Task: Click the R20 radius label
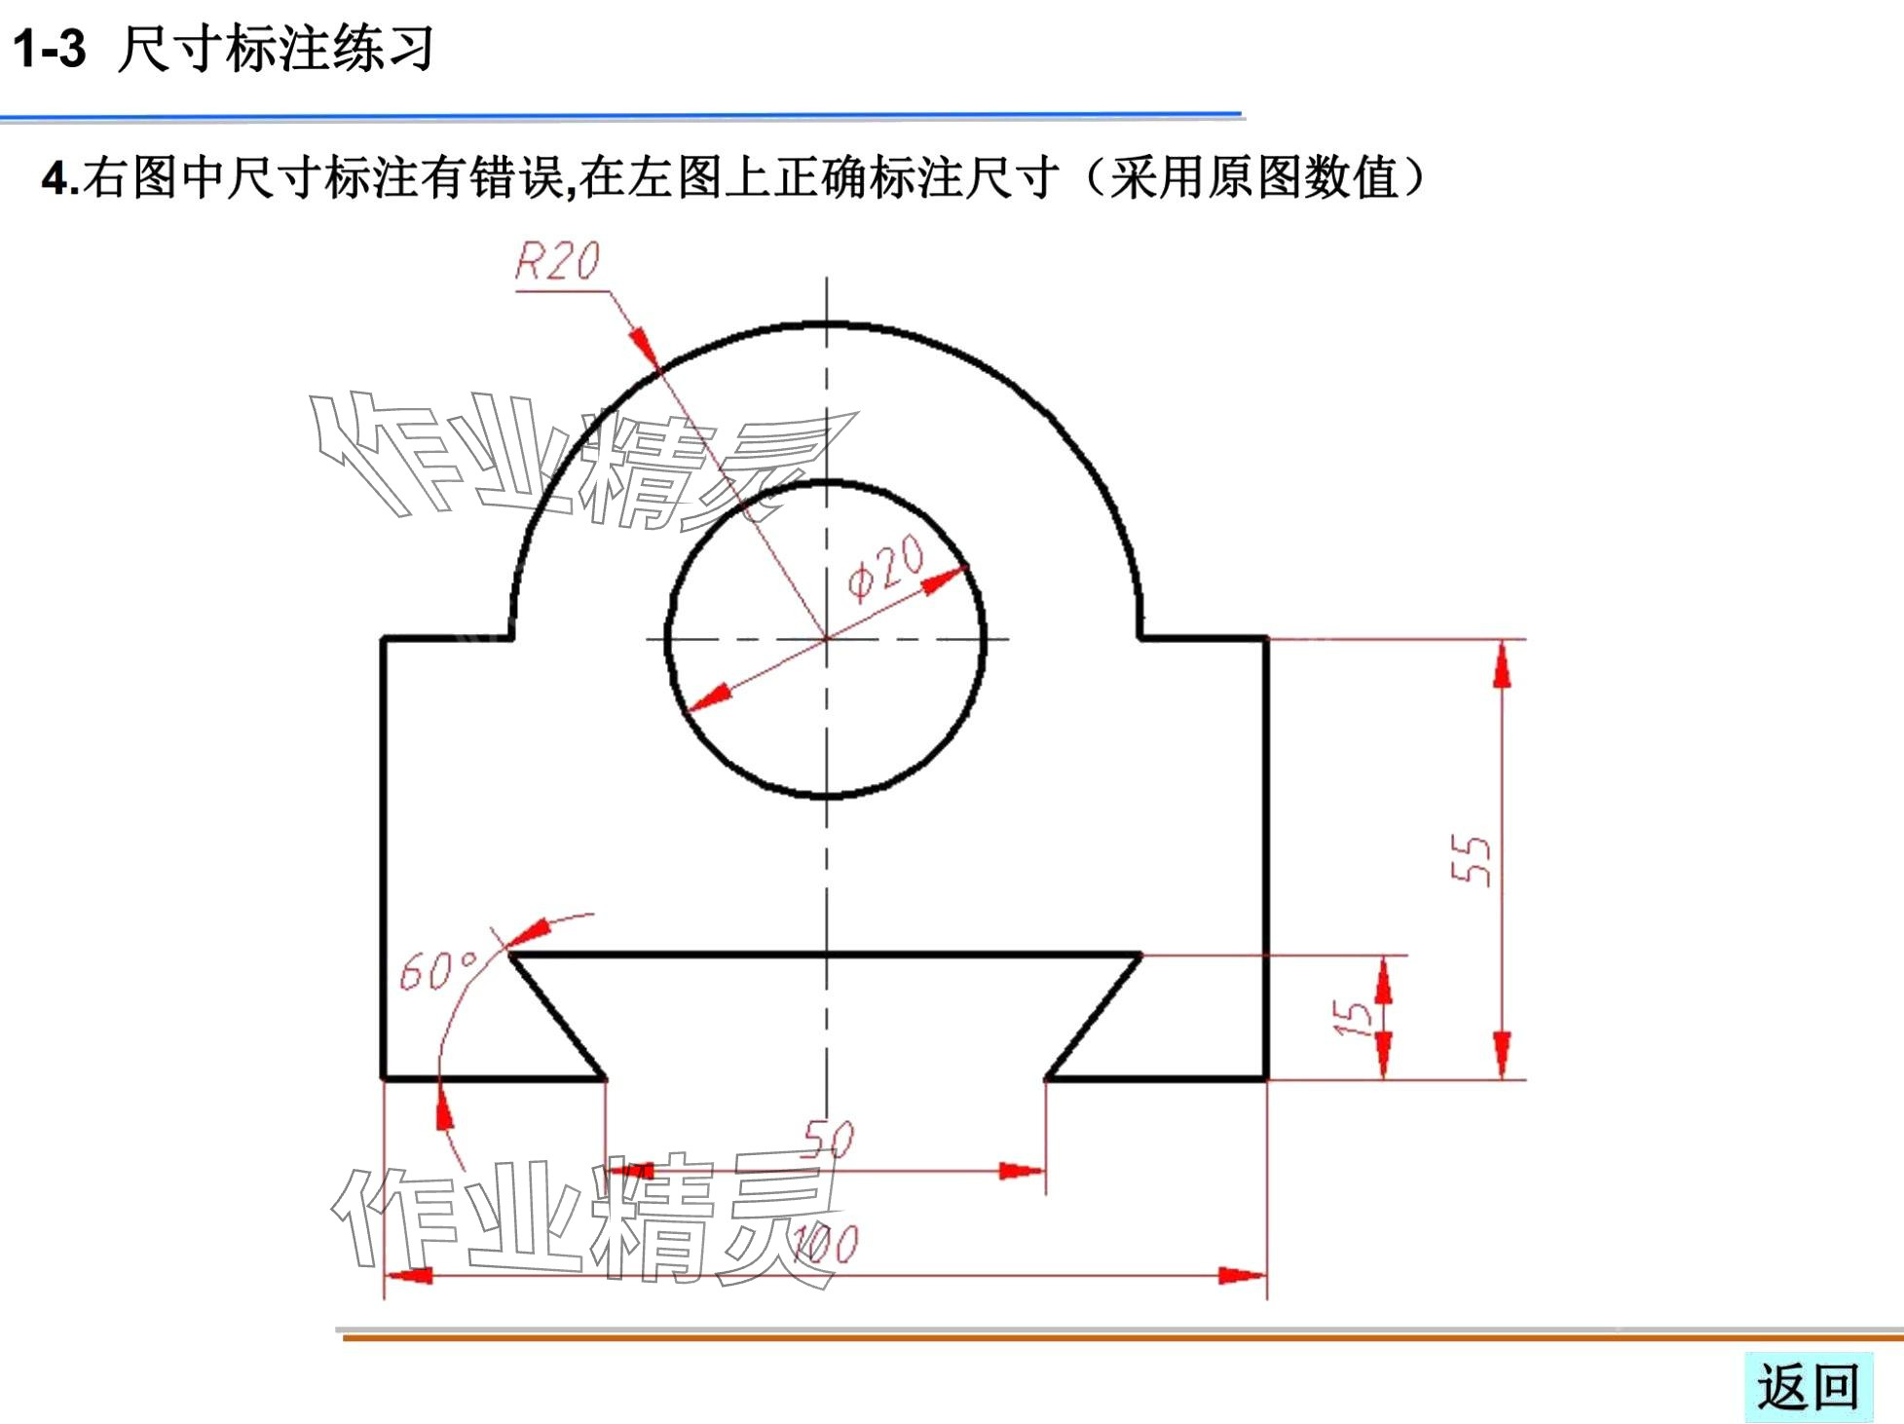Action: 557,261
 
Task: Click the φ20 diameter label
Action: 884,569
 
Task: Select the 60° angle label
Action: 438,970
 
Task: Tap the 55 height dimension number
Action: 1471,859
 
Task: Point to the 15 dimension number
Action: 1352,1018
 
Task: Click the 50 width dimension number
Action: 829,1138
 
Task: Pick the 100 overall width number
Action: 826,1245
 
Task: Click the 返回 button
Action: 1808,1387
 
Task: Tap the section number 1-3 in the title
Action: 50,49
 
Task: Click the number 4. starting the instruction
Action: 58,179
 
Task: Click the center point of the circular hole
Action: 827,639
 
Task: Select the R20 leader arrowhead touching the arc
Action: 644,345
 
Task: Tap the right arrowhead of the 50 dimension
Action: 1022,1171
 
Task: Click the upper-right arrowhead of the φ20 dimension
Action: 944,581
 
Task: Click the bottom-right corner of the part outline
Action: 1266,1078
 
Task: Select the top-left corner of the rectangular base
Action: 384,640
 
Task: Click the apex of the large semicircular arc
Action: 827,323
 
